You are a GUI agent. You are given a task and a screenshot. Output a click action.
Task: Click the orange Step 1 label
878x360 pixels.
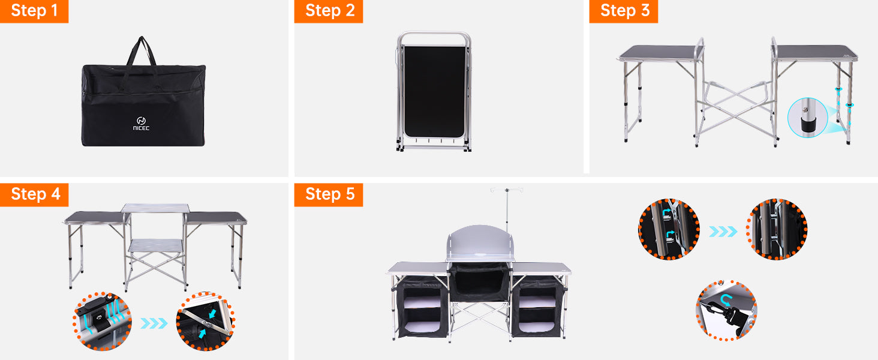coord(34,11)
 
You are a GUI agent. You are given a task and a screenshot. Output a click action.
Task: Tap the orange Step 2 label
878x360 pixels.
coord(329,11)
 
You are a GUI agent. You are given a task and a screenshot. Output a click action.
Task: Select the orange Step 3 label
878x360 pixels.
coord(624,11)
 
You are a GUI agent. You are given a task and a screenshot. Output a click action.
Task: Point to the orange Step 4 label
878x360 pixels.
coord(34,194)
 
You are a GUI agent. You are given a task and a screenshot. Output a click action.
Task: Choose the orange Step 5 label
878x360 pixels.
coord(329,194)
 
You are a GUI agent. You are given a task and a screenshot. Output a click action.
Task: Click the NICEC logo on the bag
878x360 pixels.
coord(141,124)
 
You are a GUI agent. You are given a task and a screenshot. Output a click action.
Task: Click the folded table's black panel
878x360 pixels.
coord(434,91)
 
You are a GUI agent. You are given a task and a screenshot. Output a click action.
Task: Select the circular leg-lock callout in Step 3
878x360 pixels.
coord(807,117)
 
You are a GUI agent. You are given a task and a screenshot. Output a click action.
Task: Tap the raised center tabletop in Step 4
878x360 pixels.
coord(155,208)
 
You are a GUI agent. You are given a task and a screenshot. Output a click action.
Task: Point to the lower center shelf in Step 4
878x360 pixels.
coord(155,246)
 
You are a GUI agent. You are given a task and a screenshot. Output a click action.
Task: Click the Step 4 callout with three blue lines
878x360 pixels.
coord(103,321)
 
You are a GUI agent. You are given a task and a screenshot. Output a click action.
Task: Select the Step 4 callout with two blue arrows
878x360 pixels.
coord(205,321)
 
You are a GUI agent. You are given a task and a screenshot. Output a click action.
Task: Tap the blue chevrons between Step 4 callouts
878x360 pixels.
coord(154,323)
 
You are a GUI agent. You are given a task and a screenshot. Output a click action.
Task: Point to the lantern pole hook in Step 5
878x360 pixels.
coord(507,190)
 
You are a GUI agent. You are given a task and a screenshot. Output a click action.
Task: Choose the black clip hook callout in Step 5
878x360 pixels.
coord(726,311)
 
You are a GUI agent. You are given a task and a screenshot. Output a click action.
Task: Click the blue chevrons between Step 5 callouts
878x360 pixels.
coord(723,232)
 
